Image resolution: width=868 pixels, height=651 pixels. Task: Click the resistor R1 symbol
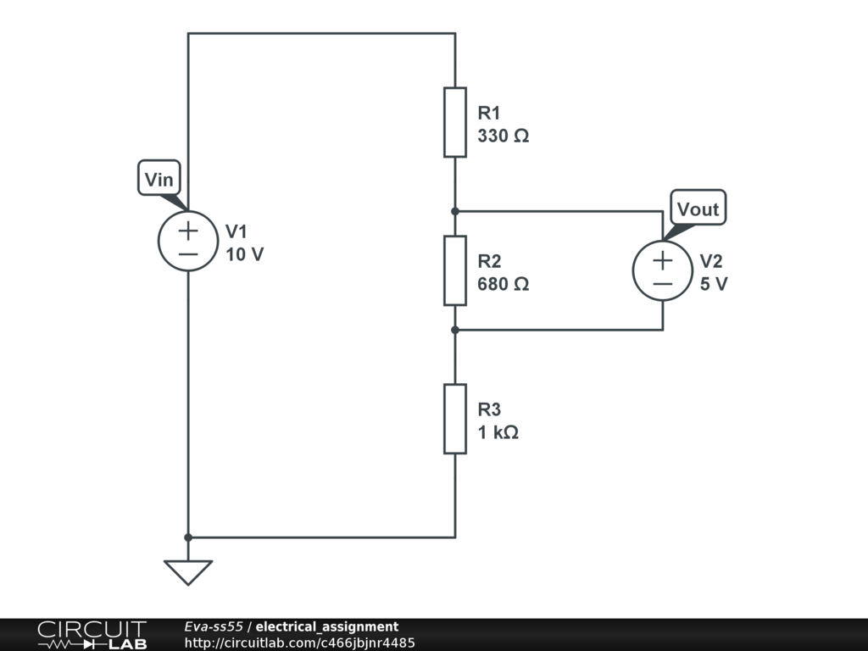click(455, 122)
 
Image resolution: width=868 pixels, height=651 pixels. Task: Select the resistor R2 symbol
click(455, 270)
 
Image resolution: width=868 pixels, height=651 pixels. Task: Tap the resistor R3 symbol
click(455, 419)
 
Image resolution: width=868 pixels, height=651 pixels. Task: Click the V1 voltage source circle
click(188, 241)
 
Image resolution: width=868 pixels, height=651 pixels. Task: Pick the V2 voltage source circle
click(663, 270)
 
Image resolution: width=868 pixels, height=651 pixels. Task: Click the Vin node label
click(159, 180)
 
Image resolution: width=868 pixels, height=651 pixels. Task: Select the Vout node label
click(698, 209)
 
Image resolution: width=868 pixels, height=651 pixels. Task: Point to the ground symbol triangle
click(188, 571)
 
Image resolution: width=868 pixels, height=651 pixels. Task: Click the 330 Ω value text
click(504, 136)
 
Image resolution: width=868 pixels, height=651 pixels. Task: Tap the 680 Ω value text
click(504, 284)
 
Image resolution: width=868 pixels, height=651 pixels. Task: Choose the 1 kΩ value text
click(498, 432)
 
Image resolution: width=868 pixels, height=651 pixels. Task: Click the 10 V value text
click(245, 254)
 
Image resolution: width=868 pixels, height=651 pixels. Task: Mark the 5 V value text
click(714, 284)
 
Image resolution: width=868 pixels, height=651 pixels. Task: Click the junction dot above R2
click(455, 211)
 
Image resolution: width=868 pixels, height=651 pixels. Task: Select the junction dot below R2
click(455, 330)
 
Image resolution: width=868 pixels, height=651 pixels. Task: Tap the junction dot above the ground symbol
click(188, 537)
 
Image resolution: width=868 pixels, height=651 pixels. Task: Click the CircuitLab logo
click(92, 635)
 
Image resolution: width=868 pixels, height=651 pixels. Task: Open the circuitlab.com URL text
click(299, 643)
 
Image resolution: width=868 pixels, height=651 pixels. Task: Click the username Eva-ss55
click(214, 626)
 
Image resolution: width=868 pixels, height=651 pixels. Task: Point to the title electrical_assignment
click(327, 626)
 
